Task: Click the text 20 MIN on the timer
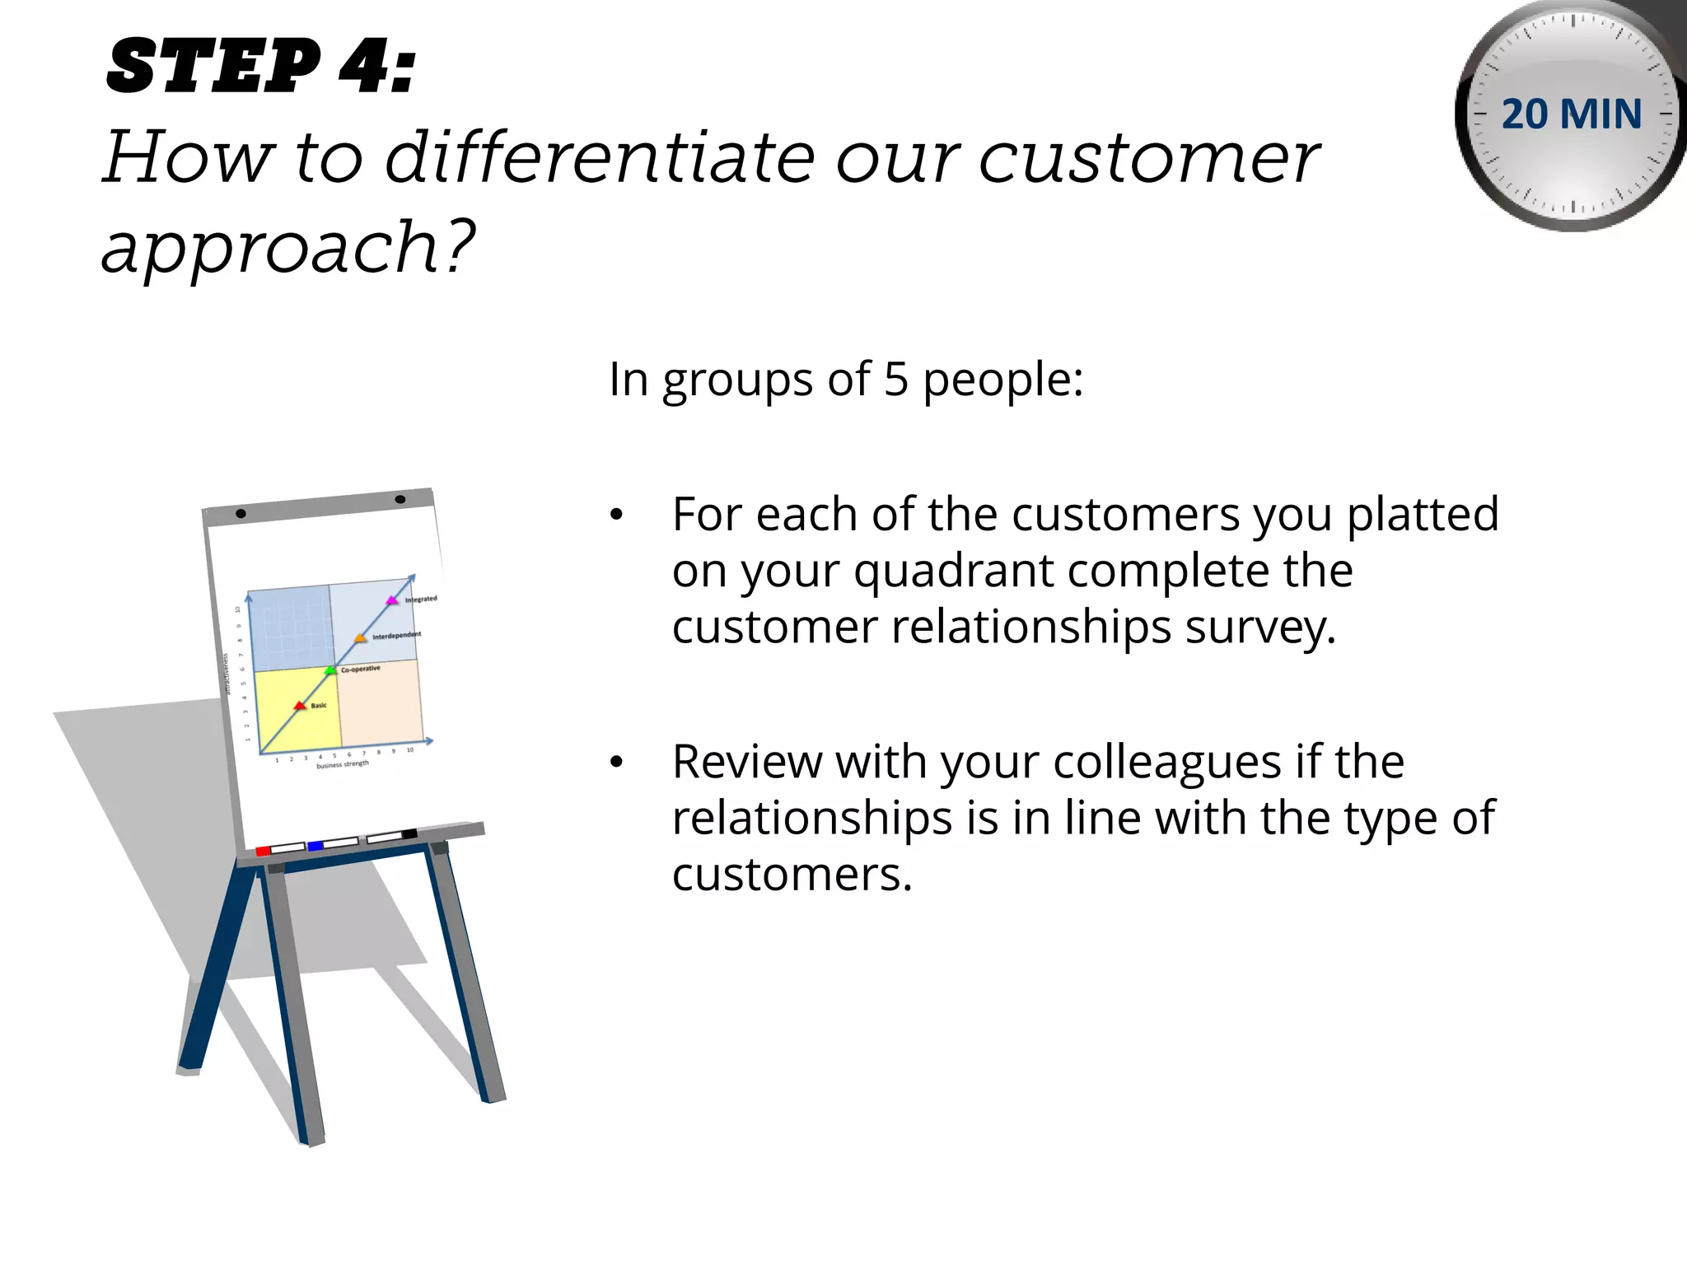[x=1571, y=114]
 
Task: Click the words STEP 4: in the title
[x=262, y=68]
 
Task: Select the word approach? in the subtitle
[x=288, y=247]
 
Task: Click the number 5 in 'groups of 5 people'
[x=895, y=380]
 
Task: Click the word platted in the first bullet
[x=1423, y=515]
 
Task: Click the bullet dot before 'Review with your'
[x=616, y=763]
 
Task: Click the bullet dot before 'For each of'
[x=616, y=516]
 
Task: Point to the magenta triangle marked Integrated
[x=392, y=600]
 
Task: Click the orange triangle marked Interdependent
[x=360, y=638]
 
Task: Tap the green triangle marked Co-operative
[x=330, y=670]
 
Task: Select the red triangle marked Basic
[x=300, y=706]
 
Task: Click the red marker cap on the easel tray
[x=264, y=851]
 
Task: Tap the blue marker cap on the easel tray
[x=315, y=846]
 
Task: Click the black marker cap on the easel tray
[x=409, y=834]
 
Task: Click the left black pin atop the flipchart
[x=241, y=513]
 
